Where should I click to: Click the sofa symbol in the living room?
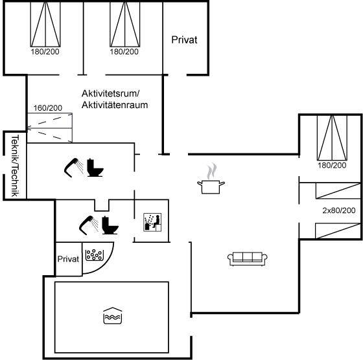247,259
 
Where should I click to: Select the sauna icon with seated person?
152,222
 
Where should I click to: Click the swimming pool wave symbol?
113,315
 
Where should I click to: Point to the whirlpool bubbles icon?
95,255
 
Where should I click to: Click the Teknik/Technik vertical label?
15,166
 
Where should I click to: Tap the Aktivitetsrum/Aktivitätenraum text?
115,99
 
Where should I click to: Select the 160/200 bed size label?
48,108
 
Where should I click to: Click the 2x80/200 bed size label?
339,210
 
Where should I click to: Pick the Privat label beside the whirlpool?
68,259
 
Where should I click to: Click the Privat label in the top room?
184,39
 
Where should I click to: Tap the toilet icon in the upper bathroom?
95,168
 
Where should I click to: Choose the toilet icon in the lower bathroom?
110,225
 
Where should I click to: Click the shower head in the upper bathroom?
74,168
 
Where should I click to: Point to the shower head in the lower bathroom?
89,225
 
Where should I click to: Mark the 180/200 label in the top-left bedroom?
45,52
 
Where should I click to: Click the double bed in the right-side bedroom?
332,138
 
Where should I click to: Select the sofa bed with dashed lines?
50,128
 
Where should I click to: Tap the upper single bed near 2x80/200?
338,190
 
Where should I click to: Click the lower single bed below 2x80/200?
338,231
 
